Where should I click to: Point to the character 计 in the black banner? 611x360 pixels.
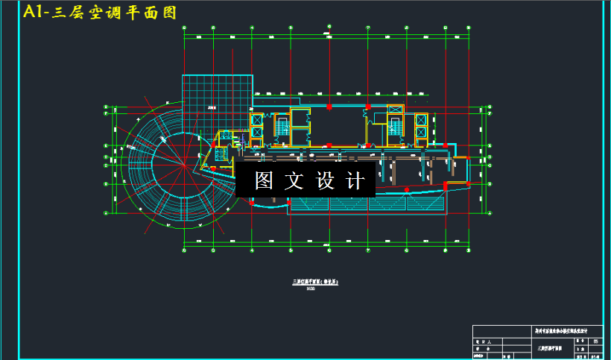[356, 181]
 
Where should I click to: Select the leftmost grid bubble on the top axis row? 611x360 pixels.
[184, 29]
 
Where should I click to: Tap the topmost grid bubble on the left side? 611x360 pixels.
[106, 110]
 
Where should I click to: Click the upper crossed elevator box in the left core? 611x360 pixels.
[257, 119]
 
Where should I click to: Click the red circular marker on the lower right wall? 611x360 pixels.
[446, 184]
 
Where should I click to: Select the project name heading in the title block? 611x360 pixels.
[566, 330]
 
